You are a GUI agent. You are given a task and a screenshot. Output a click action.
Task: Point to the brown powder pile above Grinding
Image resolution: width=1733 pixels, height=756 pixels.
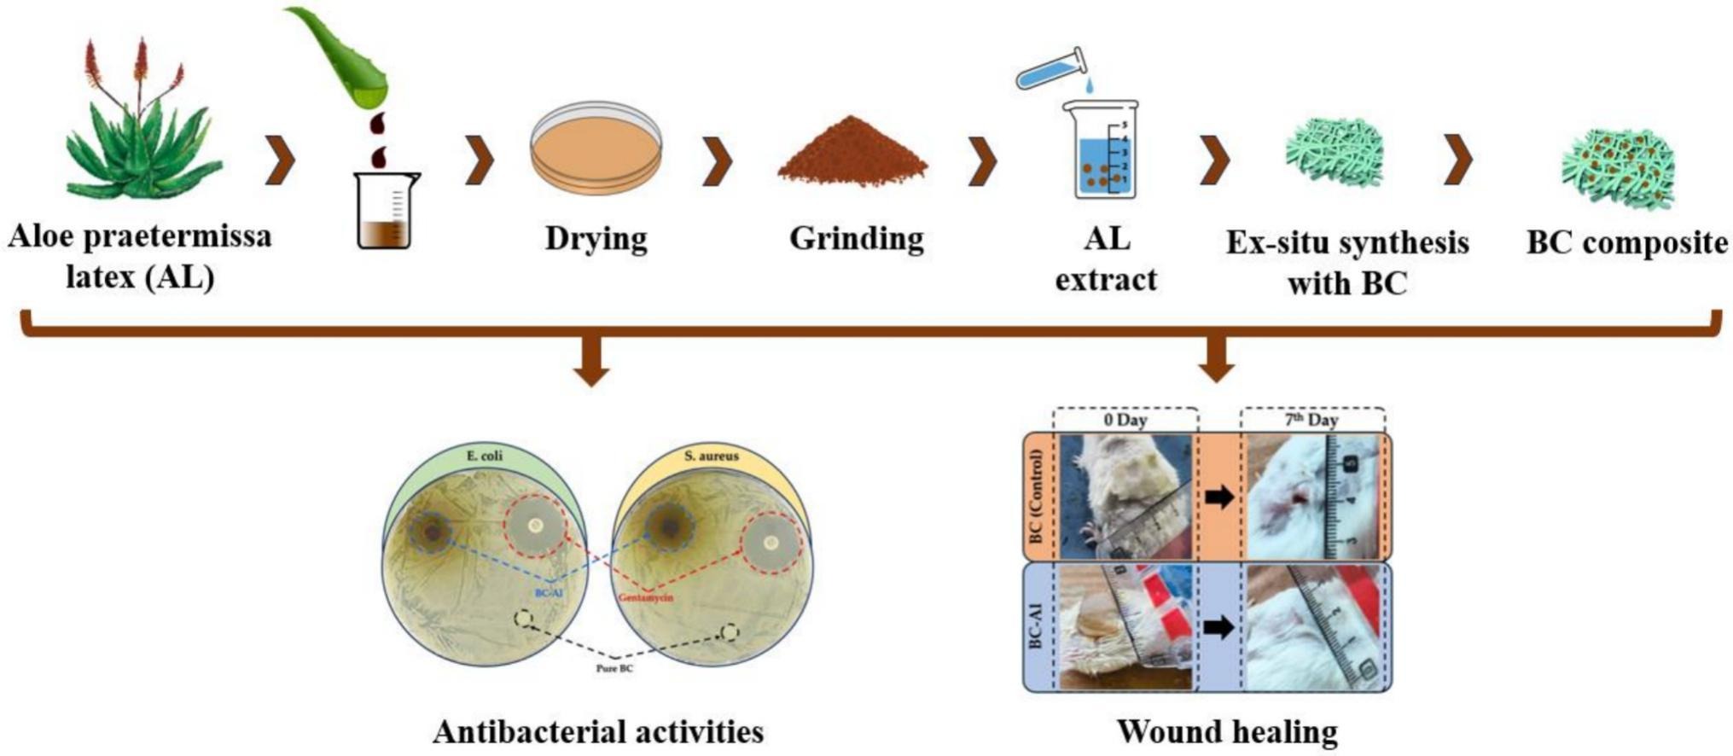coord(852,154)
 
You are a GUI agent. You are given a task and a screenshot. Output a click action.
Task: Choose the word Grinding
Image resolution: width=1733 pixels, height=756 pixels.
coord(856,238)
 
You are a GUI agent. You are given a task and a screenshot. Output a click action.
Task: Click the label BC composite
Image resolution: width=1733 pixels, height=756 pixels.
coord(1626,242)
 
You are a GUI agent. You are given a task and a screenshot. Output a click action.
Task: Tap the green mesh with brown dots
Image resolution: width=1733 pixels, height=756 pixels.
coord(1618,166)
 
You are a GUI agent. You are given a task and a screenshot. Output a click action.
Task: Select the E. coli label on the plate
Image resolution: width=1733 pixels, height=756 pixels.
coord(485,456)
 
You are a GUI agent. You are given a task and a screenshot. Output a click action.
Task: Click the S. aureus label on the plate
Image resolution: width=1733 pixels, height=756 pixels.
coord(711,456)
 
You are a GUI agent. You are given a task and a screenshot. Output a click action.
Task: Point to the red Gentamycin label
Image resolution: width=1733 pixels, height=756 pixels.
coord(645,597)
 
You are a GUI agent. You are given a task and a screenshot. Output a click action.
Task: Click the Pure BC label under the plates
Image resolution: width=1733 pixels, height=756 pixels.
coord(614,668)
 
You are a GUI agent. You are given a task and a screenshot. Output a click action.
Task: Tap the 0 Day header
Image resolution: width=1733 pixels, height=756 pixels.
coord(1125,420)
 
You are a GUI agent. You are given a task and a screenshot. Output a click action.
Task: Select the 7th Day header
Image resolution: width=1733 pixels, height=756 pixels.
coord(1311,420)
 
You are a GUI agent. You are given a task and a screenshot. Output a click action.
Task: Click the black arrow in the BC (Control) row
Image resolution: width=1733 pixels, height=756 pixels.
coord(1218,497)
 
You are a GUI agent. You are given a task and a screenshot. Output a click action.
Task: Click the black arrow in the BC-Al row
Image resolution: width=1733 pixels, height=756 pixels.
coord(1218,628)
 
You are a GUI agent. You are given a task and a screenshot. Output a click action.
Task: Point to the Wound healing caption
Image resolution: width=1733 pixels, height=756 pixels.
coord(1227,731)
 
